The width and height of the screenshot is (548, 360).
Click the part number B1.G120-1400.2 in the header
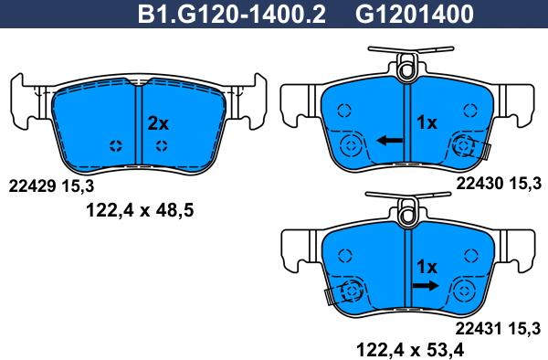[232, 14]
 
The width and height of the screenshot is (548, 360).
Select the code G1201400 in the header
[415, 14]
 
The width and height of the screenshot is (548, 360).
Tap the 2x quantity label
[158, 123]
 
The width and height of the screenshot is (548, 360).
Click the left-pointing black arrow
[389, 141]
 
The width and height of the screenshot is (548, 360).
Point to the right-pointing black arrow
[426, 286]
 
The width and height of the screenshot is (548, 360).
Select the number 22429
[32, 186]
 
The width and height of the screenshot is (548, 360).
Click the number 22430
[479, 183]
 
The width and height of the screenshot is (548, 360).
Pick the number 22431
[479, 329]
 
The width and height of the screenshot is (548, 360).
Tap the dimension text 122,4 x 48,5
[140, 210]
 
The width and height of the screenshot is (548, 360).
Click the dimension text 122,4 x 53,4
[409, 349]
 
